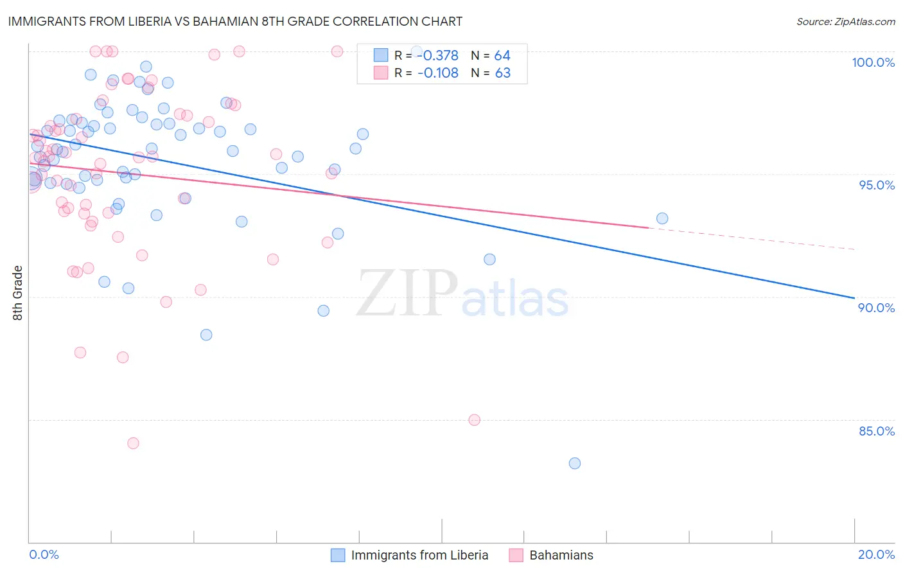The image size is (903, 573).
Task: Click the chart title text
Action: pyautogui.click(x=235, y=21)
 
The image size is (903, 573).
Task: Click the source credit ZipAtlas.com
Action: pyautogui.click(x=845, y=21)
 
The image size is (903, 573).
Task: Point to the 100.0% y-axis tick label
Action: pyautogui.click(x=873, y=62)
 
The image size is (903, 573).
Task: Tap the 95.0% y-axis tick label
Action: pyautogui.click(x=877, y=185)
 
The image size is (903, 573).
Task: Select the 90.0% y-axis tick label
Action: pyautogui.click(x=877, y=308)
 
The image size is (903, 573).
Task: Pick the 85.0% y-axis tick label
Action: pyautogui.click(x=877, y=431)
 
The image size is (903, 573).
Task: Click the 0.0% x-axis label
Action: pyautogui.click(x=44, y=554)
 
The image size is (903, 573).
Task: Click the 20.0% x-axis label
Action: pyautogui.click(x=876, y=554)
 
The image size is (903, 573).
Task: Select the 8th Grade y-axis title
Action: pyautogui.click(x=18, y=293)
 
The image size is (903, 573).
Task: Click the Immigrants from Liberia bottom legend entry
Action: pyautogui.click(x=419, y=555)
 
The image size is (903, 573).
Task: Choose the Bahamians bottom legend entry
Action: pyautogui.click(x=561, y=555)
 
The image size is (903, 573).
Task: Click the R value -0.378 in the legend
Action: pyautogui.click(x=437, y=55)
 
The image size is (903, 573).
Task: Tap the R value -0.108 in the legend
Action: pyautogui.click(x=437, y=73)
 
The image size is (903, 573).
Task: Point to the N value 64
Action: pyautogui.click(x=502, y=55)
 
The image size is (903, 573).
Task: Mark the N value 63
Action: pyautogui.click(x=502, y=73)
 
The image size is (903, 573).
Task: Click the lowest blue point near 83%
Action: pyautogui.click(x=575, y=463)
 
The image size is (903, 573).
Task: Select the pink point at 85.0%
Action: pyautogui.click(x=475, y=420)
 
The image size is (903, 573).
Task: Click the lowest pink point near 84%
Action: pyautogui.click(x=133, y=443)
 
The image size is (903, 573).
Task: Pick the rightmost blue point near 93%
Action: pyautogui.click(x=662, y=218)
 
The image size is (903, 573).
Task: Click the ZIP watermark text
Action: pyautogui.click(x=407, y=294)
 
